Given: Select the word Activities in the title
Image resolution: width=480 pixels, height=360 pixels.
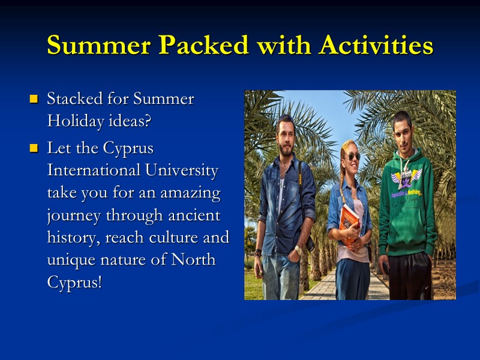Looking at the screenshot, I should coord(376,46).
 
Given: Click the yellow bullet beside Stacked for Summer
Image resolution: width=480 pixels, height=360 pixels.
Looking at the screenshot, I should coord(34,98).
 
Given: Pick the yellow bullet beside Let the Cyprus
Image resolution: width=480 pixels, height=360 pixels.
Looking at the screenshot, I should coord(34,148).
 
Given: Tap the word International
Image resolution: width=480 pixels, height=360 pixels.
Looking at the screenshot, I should coord(94,170).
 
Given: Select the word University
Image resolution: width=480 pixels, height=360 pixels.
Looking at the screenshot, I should coord(182,170).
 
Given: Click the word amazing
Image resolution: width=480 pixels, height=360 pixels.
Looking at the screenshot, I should coord(190,193).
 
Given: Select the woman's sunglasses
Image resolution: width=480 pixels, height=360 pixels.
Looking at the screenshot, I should coord(352,157).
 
